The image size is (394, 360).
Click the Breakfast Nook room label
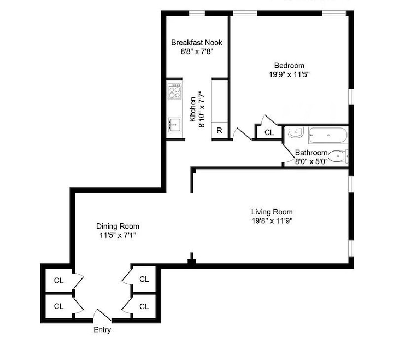[x=196, y=43]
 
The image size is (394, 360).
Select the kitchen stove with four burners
[x=175, y=91]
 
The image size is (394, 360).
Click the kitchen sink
[x=174, y=125]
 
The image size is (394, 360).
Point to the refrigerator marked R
[x=219, y=131]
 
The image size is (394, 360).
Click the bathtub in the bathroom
[x=327, y=135]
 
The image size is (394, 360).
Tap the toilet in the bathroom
[x=339, y=156]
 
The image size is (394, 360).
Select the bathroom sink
[x=294, y=132]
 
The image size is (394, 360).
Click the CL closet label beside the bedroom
[x=269, y=132]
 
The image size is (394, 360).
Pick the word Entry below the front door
[x=102, y=330]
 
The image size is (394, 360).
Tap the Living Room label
[x=272, y=212]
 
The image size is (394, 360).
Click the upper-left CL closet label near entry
[x=58, y=281]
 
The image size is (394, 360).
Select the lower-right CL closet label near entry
[x=144, y=306]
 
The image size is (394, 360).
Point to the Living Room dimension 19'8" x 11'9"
[x=272, y=221]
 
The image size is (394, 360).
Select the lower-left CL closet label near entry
[x=58, y=306]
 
